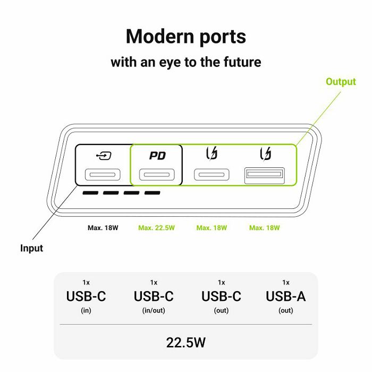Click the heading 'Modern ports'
pos(186,37)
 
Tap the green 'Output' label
pos(341,82)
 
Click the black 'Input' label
pos(31,248)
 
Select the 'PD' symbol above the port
pos(157,156)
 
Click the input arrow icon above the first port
pos(104,156)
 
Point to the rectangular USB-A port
pos(265,175)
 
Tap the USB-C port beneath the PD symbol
pos(157,175)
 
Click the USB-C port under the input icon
pos(103,175)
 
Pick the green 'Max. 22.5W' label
pos(156,228)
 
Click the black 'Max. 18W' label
pos(103,228)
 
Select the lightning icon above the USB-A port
pos(266,154)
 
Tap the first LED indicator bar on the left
pos(90,193)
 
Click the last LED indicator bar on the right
pos(153,193)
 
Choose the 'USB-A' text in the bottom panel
pos(286,297)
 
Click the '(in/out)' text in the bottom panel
pos(154,310)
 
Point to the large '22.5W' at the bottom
pos(186,343)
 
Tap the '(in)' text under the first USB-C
pos(86,310)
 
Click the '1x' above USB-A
pos(286,283)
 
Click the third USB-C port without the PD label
pos(212,175)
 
